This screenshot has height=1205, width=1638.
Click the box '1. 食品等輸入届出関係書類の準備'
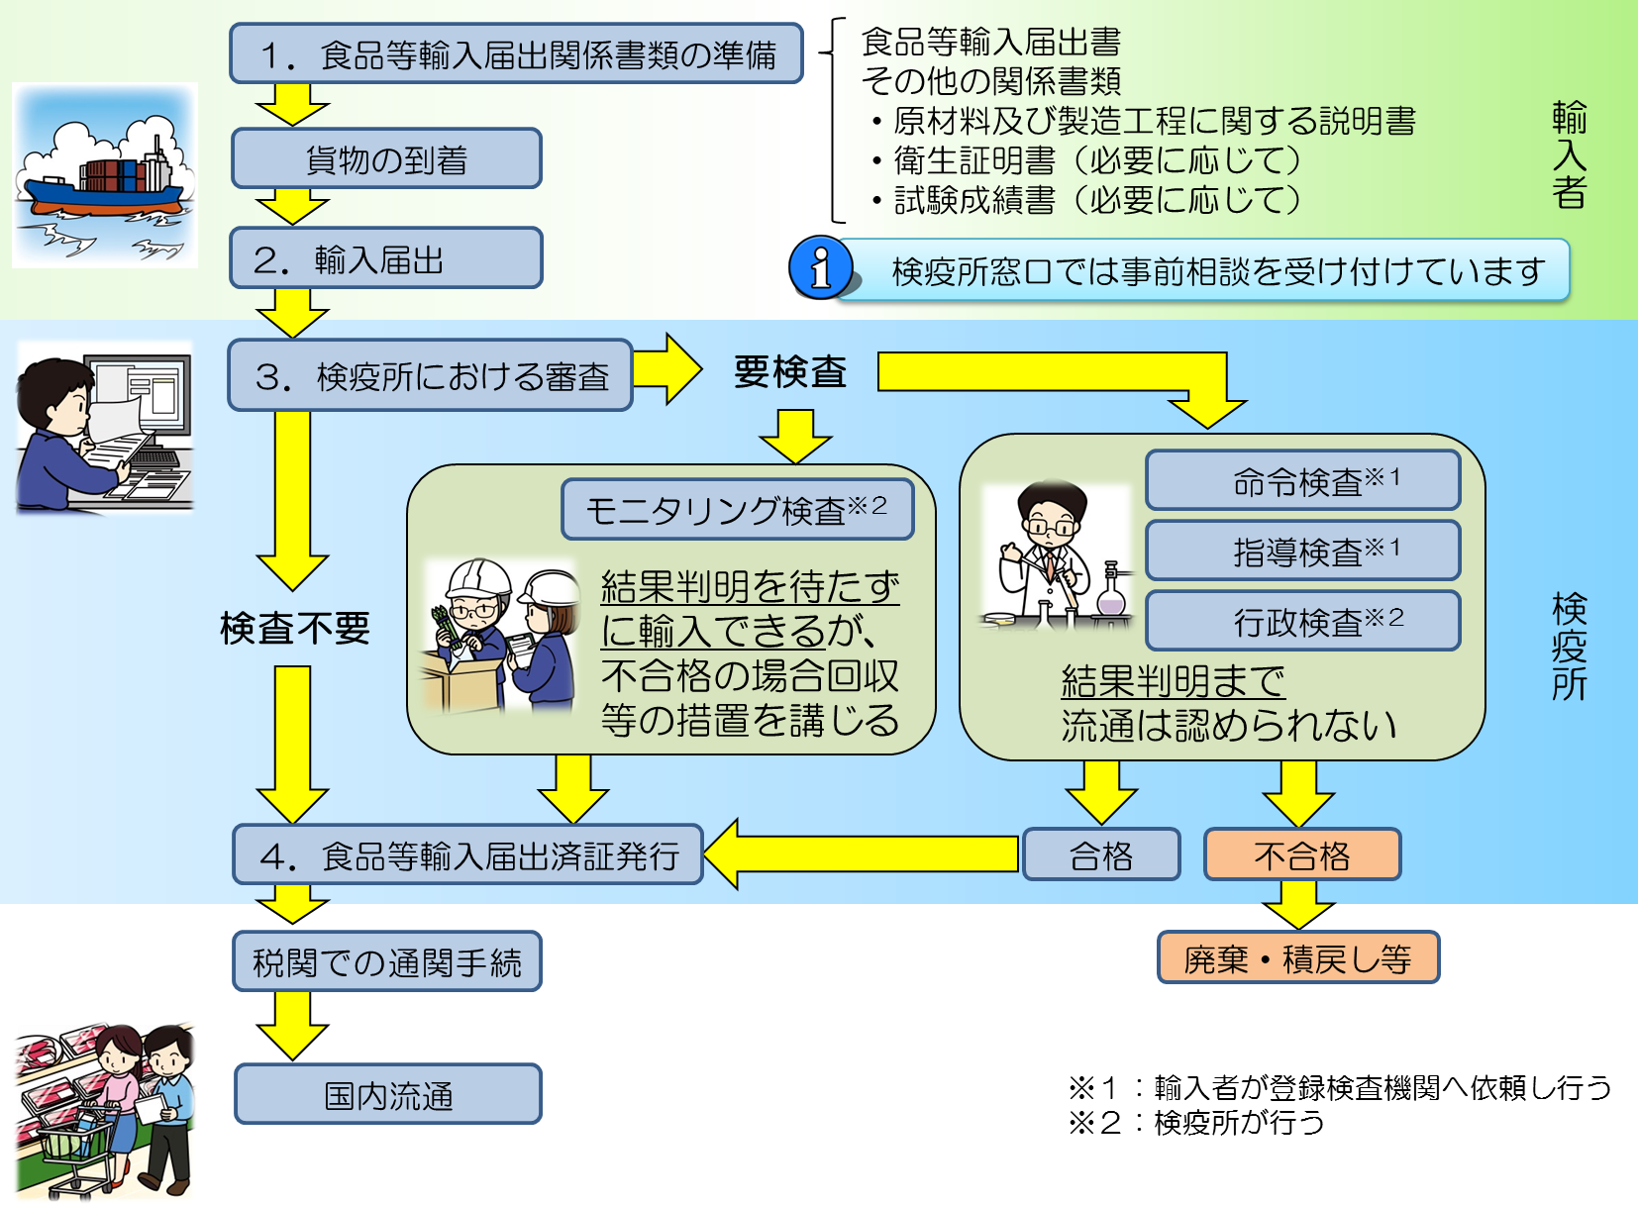point(516,53)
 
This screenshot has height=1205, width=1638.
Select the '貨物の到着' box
point(386,158)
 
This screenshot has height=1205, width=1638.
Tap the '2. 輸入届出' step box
point(386,258)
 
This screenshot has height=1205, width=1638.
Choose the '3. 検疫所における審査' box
point(430,375)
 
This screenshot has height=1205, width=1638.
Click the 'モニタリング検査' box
point(737,510)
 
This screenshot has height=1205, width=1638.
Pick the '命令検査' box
point(1302,481)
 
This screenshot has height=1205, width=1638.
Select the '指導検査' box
point(1302,551)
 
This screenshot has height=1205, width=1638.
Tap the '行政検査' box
point(1302,621)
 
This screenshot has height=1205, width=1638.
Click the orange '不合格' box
point(1301,854)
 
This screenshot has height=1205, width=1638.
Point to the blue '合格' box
point(1101,854)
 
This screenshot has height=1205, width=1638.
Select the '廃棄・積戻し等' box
point(1297,957)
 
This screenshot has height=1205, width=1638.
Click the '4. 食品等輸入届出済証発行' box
point(467,854)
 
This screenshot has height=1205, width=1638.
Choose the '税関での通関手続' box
point(386,961)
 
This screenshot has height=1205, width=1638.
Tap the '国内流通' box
point(387,1094)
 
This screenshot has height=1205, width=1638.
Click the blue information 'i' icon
point(820,267)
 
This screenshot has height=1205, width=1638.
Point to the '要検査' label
point(789,372)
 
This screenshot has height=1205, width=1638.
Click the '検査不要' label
point(294,628)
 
